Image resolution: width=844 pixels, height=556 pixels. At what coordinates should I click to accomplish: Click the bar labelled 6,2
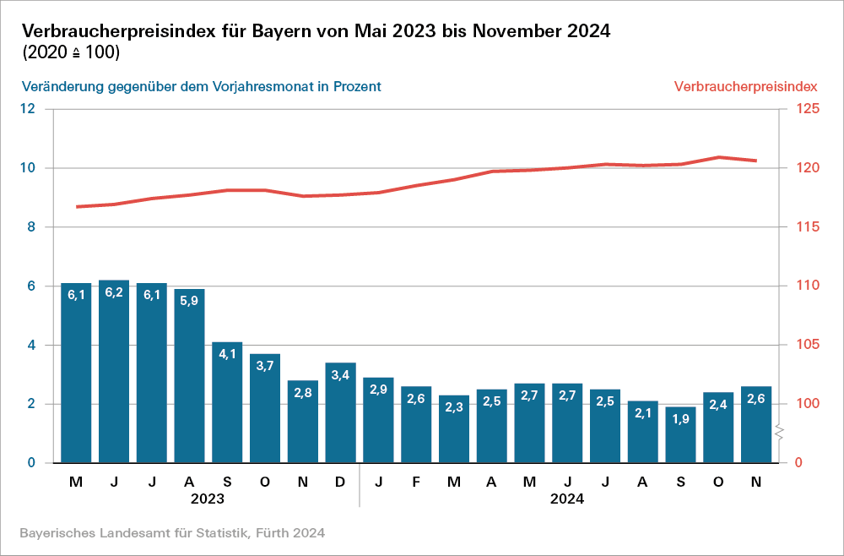click(114, 372)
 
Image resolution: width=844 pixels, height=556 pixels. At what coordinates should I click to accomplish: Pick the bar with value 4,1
click(227, 402)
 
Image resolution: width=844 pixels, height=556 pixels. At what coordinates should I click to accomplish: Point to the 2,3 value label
click(453, 407)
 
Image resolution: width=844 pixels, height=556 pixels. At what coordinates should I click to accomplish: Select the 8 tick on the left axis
click(31, 226)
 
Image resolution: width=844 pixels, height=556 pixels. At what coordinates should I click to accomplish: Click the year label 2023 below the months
click(208, 499)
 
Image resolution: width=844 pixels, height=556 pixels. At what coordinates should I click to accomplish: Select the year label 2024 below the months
click(567, 499)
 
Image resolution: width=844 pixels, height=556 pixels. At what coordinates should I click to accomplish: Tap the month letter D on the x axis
click(340, 482)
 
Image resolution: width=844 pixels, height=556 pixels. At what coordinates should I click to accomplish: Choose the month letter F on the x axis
click(416, 482)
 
